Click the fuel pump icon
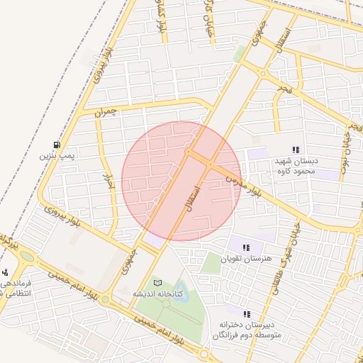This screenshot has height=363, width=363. [x=57, y=144]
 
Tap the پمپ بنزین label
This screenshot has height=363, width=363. [x=57, y=154]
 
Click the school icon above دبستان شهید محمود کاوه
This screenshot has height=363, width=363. [x=296, y=150]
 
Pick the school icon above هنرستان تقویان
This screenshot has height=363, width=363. [x=246, y=247]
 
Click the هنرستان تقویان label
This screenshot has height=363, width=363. [x=246, y=258]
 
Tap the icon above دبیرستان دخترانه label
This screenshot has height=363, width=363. [x=247, y=313]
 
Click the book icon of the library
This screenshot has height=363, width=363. [x=157, y=283]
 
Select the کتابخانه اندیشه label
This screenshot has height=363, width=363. [x=157, y=294]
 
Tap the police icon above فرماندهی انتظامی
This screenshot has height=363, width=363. [x=5, y=272]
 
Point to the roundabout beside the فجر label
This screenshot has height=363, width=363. [x=263, y=74]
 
